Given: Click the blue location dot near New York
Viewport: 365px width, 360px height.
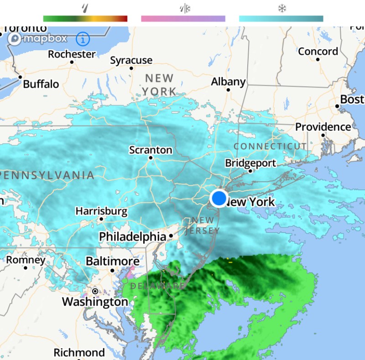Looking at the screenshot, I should tap(219, 198).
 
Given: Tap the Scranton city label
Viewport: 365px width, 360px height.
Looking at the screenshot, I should tap(151, 150).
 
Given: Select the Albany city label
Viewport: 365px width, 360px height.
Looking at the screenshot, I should tap(228, 82).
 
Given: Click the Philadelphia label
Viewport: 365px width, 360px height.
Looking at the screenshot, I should tap(132, 237).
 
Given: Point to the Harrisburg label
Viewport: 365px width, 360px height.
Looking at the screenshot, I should tap(101, 211).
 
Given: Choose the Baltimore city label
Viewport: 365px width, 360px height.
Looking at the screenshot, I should tap(112, 262).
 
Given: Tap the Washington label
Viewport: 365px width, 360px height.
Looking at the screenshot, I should tap(95, 302).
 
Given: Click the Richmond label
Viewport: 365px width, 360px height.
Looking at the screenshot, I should tap(79, 353).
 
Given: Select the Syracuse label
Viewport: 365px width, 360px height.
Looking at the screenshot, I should tap(131, 60).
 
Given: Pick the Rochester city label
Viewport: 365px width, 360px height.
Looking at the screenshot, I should tap(72, 54).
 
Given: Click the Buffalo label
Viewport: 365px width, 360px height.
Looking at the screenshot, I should tap(41, 84).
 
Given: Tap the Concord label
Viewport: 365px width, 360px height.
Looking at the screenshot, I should tap(318, 52).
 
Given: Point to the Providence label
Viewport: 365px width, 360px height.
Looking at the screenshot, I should tap(323, 127).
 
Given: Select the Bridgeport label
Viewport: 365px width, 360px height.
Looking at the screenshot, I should tap(250, 163).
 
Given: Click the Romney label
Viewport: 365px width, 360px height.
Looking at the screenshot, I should tap(26, 260).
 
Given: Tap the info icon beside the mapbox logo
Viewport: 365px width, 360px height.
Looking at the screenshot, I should tap(83, 39).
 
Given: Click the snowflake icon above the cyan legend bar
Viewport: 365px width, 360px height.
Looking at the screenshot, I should tap(281, 9).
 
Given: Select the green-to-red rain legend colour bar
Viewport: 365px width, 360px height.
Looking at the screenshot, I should tap(85, 19).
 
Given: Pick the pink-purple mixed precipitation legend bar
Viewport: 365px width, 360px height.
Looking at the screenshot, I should tap(183, 19).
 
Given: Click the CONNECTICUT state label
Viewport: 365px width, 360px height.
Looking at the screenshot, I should tap(270, 146).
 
